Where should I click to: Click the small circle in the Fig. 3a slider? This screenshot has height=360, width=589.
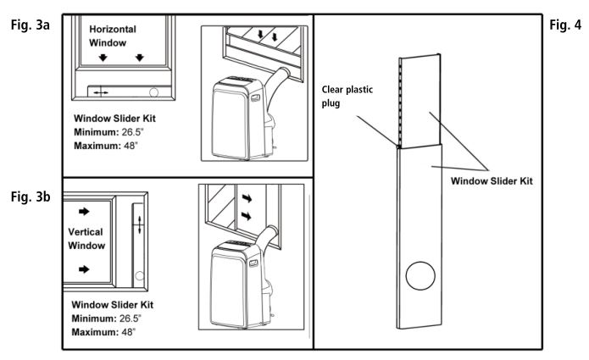point(154,91)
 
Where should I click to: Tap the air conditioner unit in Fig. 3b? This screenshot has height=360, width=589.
point(238,284)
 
